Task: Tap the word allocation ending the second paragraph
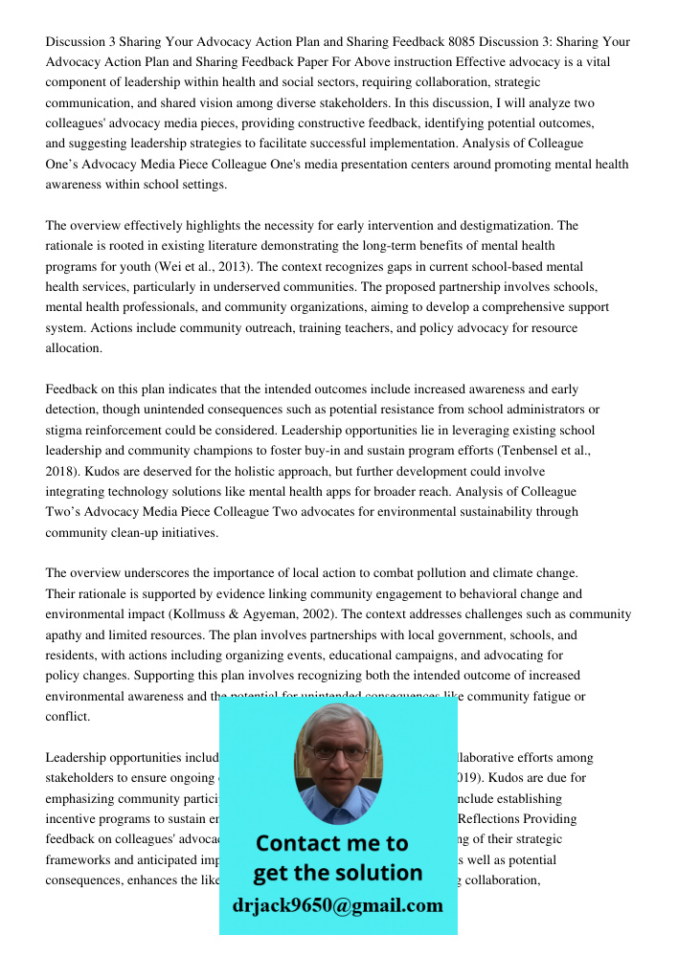[73, 348]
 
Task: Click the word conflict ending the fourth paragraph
[69, 717]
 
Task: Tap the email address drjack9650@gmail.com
[337, 905]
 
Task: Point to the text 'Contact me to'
[331, 843]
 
